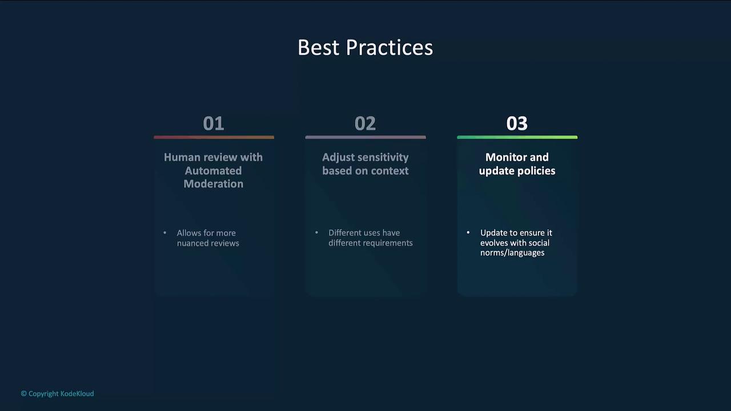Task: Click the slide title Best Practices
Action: click(x=365, y=47)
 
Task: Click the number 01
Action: click(x=214, y=124)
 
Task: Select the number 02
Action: click(x=365, y=124)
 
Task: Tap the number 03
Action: click(x=517, y=124)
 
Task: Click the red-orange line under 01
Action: click(x=214, y=138)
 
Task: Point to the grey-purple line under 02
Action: click(x=365, y=138)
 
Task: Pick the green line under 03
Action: click(x=517, y=138)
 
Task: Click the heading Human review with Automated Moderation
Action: click(x=214, y=170)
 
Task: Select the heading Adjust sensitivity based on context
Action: click(x=365, y=164)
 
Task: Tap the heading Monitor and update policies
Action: click(x=517, y=164)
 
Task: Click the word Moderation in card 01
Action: click(x=214, y=184)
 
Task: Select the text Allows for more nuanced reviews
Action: click(x=208, y=238)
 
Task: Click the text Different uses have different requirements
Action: click(x=371, y=238)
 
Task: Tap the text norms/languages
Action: click(x=512, y=253)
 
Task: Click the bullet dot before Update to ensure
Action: click(x=468, y=232)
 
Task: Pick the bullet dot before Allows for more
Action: click(x=165, y=232)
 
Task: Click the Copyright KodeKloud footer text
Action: click(x=58, y=394)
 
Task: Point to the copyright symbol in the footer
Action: click(x=24, y=394)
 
